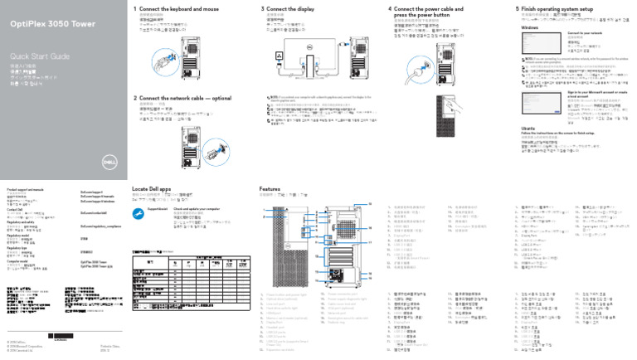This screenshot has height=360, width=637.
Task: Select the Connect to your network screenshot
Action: point(540,47)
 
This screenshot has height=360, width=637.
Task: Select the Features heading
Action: point(272,189)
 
